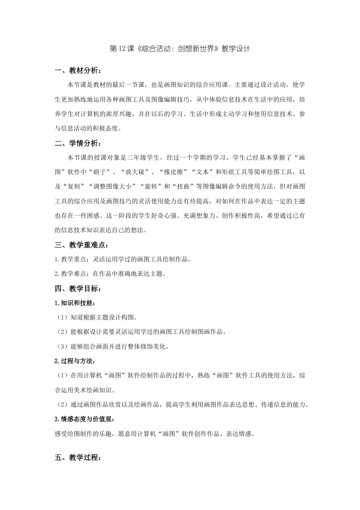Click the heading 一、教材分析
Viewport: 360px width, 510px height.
point(78,71)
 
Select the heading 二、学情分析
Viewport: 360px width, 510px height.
point(78,143)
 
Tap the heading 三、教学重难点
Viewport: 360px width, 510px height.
point(81,245)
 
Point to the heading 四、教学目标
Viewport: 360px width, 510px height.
point(78,289)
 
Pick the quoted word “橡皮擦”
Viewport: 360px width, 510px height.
point(173,172)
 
